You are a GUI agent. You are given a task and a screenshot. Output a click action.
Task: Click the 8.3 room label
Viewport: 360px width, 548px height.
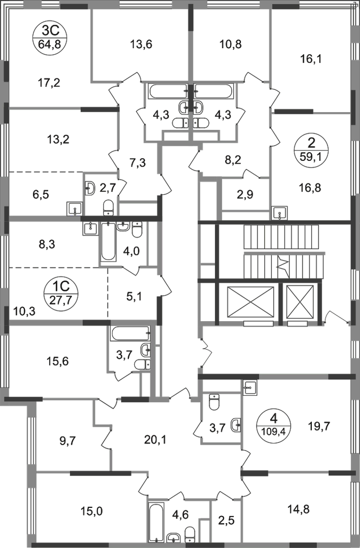coord(48,245)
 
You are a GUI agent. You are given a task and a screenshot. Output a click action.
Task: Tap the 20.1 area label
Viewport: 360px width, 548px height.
coord(157,441)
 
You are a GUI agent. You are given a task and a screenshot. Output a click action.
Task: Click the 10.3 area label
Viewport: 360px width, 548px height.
coord(24,311)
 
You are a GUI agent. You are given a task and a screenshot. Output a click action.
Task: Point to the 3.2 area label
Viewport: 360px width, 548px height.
coord(234,159)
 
